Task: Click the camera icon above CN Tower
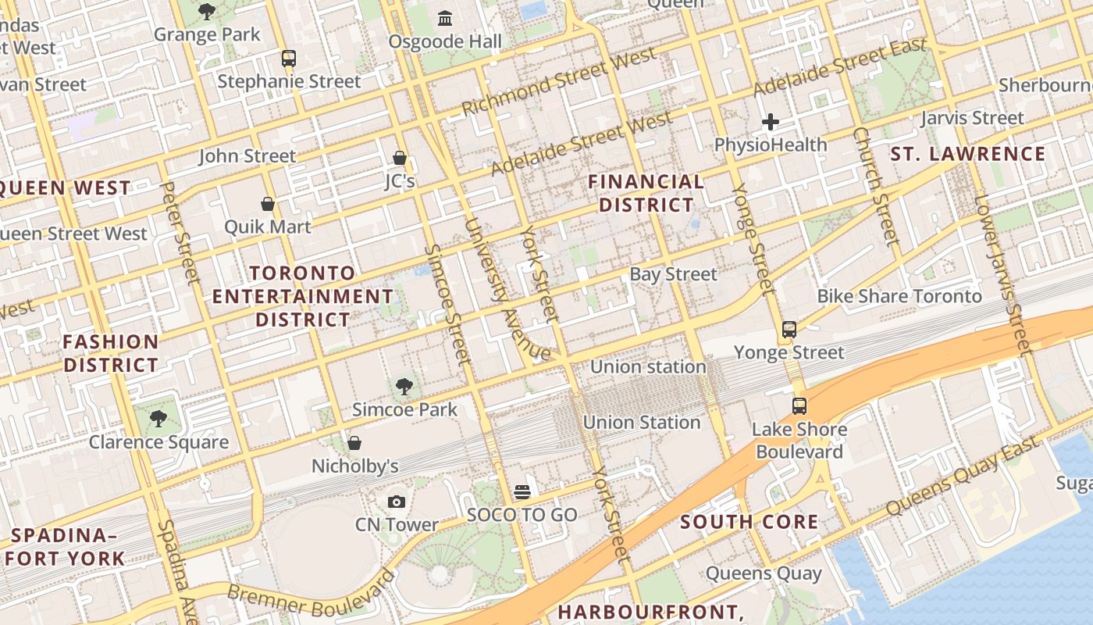(397, 502)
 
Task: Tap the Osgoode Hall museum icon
(445, 17)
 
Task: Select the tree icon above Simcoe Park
(404, 385)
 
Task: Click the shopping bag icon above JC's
(400, 158)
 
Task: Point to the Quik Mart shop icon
(268, 204)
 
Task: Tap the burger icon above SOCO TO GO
(522, 491)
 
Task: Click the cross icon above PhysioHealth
(771, 121)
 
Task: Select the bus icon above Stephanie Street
(289, 58)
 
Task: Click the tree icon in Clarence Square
(158, 419)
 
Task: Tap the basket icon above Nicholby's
(354, 443)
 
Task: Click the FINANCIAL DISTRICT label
(646, 193)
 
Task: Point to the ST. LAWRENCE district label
(968, 154)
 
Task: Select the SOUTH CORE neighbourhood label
(749, 522)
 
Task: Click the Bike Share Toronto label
(899, 296)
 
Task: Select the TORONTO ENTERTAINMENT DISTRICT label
(303, 296)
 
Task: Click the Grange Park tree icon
(206, 11)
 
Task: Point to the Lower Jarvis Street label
(1003, 273)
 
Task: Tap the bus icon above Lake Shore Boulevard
(799, 405)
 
